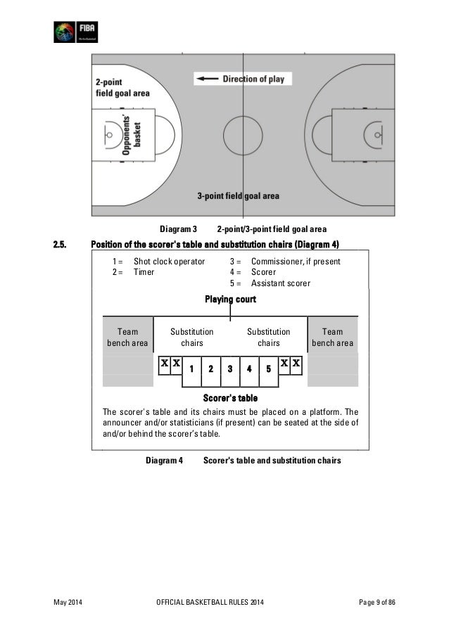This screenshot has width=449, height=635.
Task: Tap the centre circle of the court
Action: (x=242, y=133)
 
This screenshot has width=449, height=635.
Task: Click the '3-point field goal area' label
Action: (x=238, y=196)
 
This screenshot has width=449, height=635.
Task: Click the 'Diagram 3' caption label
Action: (x=177, y=229)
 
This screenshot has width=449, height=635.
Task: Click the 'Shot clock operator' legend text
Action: (x=169, y=262)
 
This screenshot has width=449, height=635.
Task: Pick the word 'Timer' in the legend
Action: (x=144, y=272)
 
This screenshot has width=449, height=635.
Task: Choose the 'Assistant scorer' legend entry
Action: (x=281, y=283)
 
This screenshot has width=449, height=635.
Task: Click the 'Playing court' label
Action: (x=230, y=300)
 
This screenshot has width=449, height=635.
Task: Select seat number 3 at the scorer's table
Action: (x=229, y=368)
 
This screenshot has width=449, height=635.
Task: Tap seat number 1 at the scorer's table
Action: (x=191, y=368)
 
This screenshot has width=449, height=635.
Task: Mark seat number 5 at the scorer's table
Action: (x=268, y=368)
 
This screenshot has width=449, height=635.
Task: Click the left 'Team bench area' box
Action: (x=127, y=337)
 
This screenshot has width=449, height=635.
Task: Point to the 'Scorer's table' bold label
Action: (x=230, y=398)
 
